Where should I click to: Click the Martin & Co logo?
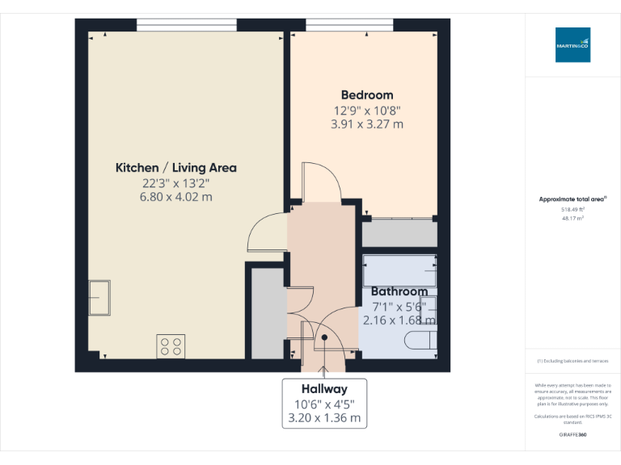pos(572,45)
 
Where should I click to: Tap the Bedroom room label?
pos(367,95)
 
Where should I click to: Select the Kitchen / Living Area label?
pos(176,168)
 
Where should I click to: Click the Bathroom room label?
pos(399,291)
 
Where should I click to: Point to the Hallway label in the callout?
pos(324,388)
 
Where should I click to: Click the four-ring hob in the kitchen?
pos(171,346)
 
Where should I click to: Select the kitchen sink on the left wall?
pos(99,296)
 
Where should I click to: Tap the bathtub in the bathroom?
pos(399,270)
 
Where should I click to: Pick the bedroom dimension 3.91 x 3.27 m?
pos(367,124)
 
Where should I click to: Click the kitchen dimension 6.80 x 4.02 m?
pos(176,197)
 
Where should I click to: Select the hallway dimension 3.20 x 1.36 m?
pos(324,418)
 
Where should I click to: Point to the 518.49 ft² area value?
pos(572,209)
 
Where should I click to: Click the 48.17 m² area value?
pos(572,218)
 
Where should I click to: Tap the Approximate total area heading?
pos(572,199)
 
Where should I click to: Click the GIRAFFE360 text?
pos(572,435)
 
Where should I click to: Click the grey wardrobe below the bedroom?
pos(399,233)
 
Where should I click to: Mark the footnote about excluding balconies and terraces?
pos(572,361)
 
